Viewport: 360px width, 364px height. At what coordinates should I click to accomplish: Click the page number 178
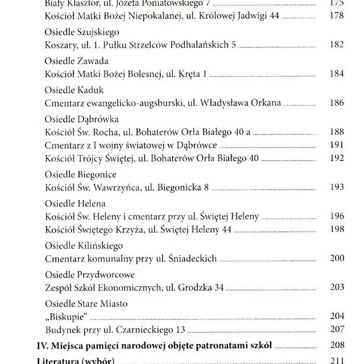[x=337, y=15]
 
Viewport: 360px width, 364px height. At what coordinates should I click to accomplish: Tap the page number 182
[x=337, y=44]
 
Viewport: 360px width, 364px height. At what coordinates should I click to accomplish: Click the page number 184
[x=337, y=73]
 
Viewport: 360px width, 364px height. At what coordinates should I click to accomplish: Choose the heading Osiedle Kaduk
[x=74, y=90]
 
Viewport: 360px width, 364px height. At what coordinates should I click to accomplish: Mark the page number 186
[x=337, y=103]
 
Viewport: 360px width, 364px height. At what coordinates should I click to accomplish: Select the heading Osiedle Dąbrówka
[x=81, y=119]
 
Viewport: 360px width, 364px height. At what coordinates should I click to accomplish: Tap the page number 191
[x=337, y=145]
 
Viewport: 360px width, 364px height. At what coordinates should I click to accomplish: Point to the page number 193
[x=337, y=187]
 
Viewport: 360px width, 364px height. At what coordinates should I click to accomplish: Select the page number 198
[x=337, y=229]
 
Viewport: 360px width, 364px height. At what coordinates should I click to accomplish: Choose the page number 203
[x=337, y=287]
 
